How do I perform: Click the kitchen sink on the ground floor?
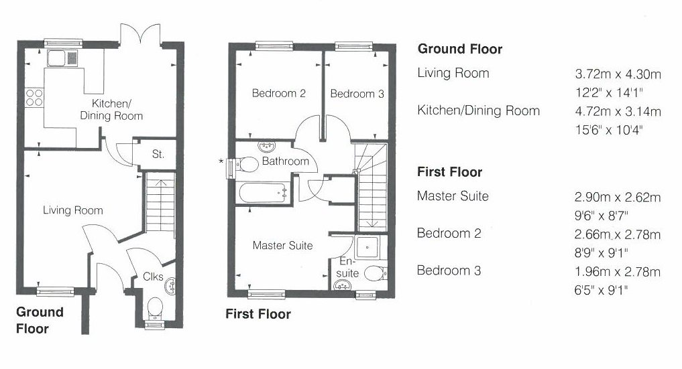click(62, 58)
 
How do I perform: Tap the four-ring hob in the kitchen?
click(34, 98)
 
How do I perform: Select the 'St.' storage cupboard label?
click(158, 154)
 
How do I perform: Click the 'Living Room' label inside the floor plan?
click(72, 210)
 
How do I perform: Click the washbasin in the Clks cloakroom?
click(170, 286)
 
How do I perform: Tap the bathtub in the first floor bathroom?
click(264, 193)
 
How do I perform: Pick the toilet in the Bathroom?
click(245, 165)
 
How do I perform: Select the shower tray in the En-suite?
click(368, 248)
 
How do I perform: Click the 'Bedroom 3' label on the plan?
click(357, 94)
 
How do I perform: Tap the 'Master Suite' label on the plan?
click(283, 246)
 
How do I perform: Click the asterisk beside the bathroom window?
click(221, 161)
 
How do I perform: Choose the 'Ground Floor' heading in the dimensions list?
click(460, 49)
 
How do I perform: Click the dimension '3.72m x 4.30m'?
click(618, 74)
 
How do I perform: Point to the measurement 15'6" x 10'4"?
click(609, 130)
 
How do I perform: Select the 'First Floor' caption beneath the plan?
click(258, 314)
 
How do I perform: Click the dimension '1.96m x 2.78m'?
click(617, 272)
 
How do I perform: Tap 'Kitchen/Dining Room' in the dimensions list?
click(478, 110)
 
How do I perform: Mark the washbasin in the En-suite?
click(343, 285)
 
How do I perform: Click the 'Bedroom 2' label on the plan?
click(279, 93)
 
